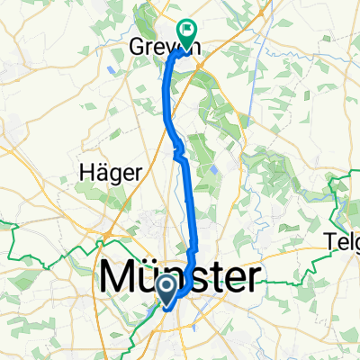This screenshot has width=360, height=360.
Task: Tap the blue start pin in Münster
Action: pyautogui.click(x=168, y=288)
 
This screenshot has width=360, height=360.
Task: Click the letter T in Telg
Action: pyautogui.click(x=329, y=240)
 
